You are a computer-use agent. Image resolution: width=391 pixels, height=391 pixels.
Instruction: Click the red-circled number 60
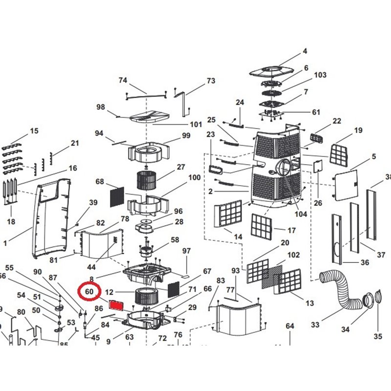(x=89, y=292)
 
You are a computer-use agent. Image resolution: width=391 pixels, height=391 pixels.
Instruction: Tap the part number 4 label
(x=305, y=51)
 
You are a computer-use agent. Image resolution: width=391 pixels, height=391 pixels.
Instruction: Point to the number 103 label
(x=320, y=75)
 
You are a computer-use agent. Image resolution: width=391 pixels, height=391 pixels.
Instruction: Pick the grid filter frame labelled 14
(x=228, y=214)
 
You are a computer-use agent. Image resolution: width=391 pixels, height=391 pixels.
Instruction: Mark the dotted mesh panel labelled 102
(x=272, y=277)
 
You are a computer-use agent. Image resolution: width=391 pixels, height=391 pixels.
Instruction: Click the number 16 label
(x=73, y=168)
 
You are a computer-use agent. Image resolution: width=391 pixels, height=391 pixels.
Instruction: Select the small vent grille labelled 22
(x=317, y=136)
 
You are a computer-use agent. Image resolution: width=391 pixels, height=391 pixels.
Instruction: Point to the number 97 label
(x=186, y=251)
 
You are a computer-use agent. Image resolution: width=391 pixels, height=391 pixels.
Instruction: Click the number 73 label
(x=211, y=81)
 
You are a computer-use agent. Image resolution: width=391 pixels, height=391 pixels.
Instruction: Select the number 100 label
(x=195, y=177)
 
